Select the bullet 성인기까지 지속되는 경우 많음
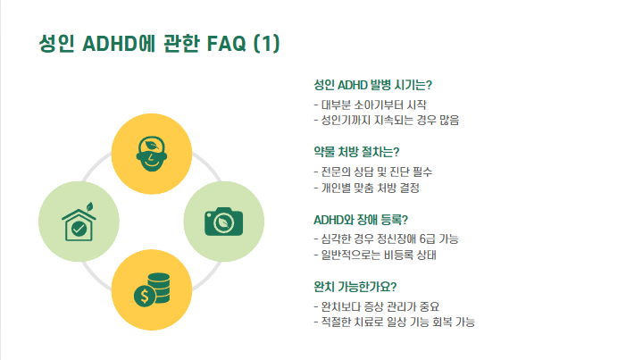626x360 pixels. [x=391, y=120]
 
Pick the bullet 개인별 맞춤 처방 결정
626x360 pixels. [x=370, y=188]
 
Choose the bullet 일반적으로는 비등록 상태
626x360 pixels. [x=380, y=255]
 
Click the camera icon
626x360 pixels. [x=223, y=221]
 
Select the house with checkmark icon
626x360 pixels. [x=79, y=222]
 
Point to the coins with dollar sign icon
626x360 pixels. [x=151, y=289]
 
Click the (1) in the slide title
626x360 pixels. [x=266, y=44]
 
